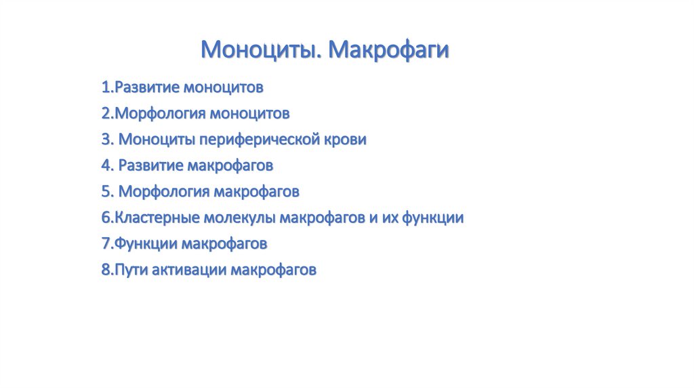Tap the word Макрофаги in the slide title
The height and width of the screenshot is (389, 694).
(x=388, y=49)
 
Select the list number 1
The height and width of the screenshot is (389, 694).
(x=108, y=87)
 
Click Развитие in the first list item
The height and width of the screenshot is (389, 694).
(x=147, y=87)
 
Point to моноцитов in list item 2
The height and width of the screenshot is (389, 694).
(x=249, y=114)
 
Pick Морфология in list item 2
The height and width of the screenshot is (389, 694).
(x=160, y=114)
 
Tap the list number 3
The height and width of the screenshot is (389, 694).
(x=108, y=140)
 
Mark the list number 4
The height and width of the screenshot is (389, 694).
(x=108, y=165)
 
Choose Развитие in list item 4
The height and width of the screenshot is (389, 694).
(x=151, y=165)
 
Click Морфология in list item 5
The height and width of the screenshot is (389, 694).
(x=164, y=192)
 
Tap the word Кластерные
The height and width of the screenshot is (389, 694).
(x=157, y=218)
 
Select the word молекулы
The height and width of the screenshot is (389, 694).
(x=240, y=218)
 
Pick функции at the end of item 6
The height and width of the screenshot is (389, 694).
(x=433, y=218)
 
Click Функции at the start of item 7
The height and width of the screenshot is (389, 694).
(x=146, y=244)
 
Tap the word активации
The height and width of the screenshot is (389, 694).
(x=189, y=270)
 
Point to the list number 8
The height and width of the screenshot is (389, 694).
(x=108, y=270)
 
